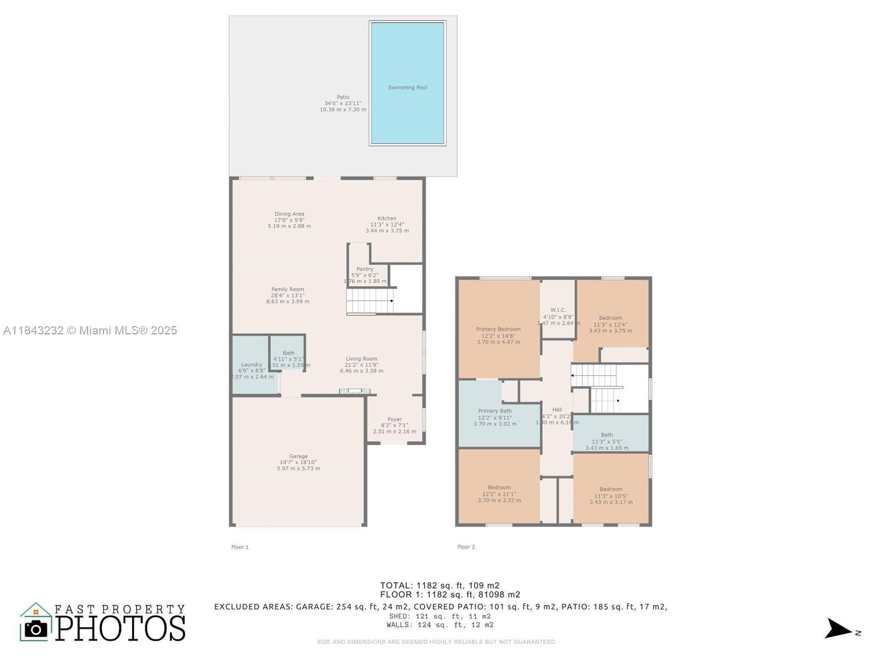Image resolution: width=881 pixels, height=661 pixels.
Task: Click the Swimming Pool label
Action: coord(407,88)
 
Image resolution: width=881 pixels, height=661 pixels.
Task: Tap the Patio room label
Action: coord(343,97)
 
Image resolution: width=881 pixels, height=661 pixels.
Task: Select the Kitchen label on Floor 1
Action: coord(387,219)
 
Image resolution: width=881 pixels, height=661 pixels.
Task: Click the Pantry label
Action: coord(365,269)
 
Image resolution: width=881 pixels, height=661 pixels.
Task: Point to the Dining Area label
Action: coord(289,214)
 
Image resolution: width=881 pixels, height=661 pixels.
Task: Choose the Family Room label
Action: coord(287,290)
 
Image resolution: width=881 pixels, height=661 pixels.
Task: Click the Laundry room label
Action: coord(252,365)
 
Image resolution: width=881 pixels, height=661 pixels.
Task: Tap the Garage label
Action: coord(298,457)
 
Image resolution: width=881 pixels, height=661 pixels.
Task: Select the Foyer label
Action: coord(395,420)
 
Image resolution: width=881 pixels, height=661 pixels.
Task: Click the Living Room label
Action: coord(362,359)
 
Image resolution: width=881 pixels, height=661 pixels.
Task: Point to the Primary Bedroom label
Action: coord(498,329)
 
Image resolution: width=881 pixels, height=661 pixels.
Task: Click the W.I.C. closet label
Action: coord(558,311)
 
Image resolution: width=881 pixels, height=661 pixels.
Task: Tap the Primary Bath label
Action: coord(495,411)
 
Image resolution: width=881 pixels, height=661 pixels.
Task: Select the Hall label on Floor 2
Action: coord(557,410)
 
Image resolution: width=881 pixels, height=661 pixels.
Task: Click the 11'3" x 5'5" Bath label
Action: coord(607,435)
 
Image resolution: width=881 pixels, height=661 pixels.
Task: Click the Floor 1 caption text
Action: coord(240,547)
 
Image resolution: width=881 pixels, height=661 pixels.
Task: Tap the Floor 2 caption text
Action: coord(466,547)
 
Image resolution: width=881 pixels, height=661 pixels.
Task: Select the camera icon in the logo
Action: coord(36,629)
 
